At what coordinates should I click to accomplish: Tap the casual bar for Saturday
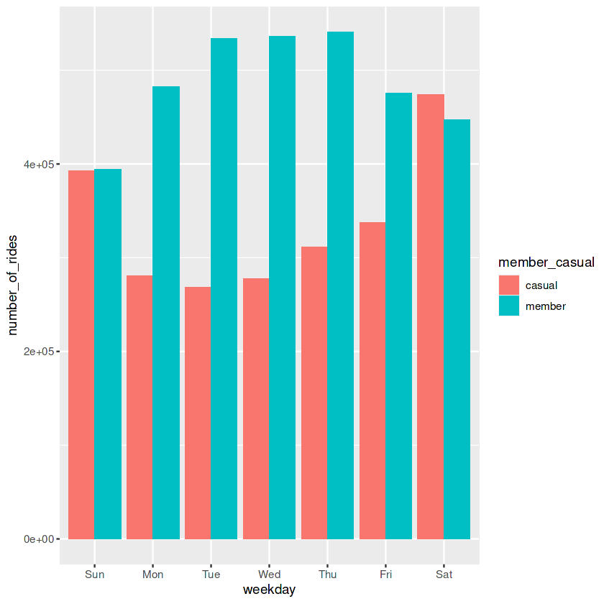431,316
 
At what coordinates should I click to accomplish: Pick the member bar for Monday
166,313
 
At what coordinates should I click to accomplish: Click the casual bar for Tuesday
198,413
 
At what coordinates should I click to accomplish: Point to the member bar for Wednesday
282,288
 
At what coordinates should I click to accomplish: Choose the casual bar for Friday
372,380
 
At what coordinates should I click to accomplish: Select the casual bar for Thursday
314,393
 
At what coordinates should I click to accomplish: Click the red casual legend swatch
509,285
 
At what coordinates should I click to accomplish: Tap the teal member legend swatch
509,306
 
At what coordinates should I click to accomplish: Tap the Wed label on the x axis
269,575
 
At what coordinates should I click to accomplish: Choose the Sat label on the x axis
444,575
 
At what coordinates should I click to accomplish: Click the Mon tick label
152,575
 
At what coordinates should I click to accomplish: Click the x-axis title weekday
269,590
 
